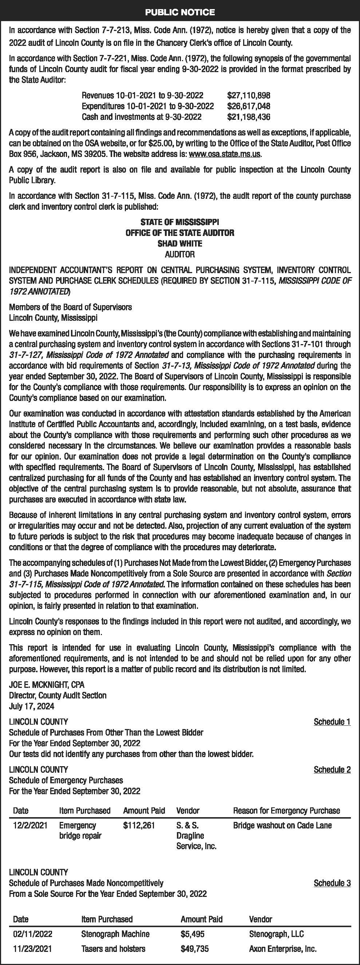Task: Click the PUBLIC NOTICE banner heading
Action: tap(180, 12)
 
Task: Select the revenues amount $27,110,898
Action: tap(249, 95)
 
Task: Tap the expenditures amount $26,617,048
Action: tap(249, 106)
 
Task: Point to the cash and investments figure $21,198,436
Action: tap(249, 117)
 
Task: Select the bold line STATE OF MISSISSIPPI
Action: tap(180, 222)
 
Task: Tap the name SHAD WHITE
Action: tap(180, 244)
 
